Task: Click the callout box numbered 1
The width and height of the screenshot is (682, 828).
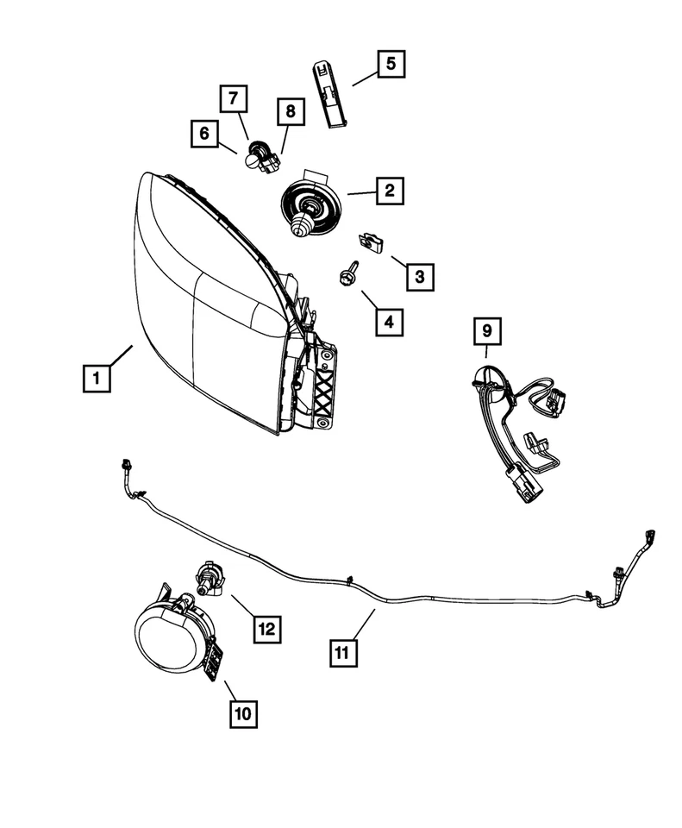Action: [x=97, y=378]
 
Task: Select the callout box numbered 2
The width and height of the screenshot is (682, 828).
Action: [x=390, y=191]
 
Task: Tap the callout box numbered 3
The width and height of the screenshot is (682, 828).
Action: [x=419, y=276]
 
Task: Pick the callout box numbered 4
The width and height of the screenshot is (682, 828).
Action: [x=389, y=322]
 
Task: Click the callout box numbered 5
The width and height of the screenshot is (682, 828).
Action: [x=390, y=64]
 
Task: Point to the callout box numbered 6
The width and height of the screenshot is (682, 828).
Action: [x=204, y=134]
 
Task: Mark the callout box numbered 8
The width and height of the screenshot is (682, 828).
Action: [x=291, y=111]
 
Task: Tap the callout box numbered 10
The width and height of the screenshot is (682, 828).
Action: [x=243, y=713]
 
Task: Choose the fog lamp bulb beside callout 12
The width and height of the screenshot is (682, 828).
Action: [x=208, y=578]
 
